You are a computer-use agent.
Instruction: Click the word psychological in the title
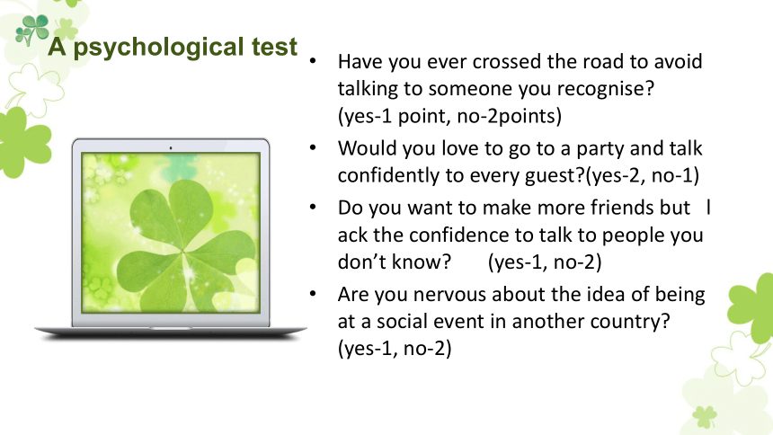point(159,49)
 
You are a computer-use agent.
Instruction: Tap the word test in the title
point(274,47)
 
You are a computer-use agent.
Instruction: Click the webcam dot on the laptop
point(171,147)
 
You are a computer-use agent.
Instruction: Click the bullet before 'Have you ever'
point(313,61)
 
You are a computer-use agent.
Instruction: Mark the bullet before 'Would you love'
point(313,147)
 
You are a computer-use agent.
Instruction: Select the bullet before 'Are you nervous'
point(313,294)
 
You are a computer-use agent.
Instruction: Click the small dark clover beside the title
point(32,30)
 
